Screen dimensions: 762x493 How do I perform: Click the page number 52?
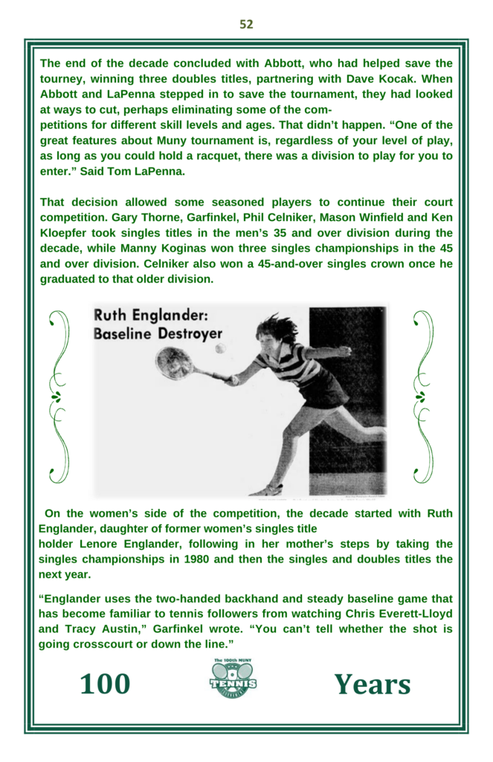click(x=246, y=25)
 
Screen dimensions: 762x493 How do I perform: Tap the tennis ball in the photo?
click(x=220, y=348)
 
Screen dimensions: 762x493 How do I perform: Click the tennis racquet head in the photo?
click(x=173, y=362)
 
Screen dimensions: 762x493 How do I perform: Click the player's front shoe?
click(x=265, y=490)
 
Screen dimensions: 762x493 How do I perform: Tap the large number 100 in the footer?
click(x=105, y=684)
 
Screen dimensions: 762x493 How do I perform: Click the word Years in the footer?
click(x=372, y=684)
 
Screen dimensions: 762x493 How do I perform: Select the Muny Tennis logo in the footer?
click(x=233, y=678)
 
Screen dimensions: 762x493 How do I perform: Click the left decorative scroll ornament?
click(x=58, y=396)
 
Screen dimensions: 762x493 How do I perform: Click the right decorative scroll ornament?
click(x=422, y=396)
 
